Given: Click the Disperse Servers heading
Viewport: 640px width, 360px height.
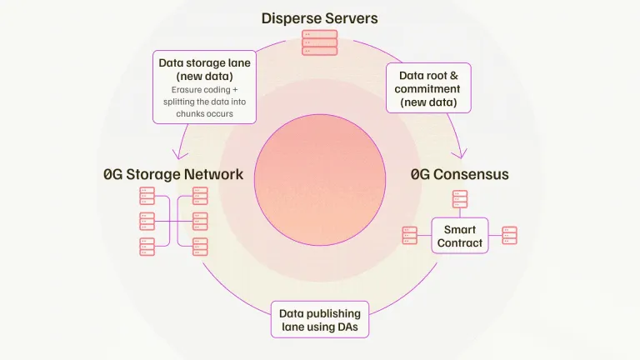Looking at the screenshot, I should (319, 17).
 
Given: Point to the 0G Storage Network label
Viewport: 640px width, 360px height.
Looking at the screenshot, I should (173, 175).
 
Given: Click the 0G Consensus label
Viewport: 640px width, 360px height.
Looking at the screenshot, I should (459, 175).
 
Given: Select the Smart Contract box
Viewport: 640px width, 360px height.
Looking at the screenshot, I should (460, 236).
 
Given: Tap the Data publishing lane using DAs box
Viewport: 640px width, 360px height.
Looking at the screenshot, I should (320, 320).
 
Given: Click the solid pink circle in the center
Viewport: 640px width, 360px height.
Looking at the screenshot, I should (319, 180).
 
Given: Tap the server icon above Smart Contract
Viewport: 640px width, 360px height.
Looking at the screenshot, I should (460, 199).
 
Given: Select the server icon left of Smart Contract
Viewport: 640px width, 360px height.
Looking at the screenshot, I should (409, 236).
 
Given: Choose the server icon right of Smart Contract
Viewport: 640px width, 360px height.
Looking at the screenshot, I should (509, 236).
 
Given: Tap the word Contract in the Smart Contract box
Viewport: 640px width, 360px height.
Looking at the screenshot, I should (462, 243).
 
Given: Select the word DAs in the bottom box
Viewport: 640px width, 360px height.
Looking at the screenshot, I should (351, 327).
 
